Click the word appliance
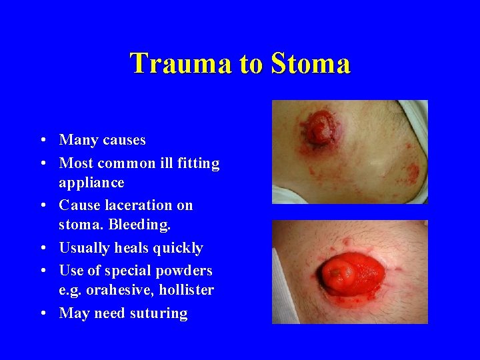pyautogui.click(x=91, y=183)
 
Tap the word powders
pyautogui.click(x=184, y=270)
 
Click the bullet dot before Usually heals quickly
pyautogui.click(x=42, y=248)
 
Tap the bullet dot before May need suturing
pyautogui.click(x=42, y=313)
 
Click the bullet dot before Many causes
pyautogui.click(x=42, y=140)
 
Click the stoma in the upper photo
pyautogui.click(x=318, y=127)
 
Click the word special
pyautogui.click(x=125, y=270)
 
